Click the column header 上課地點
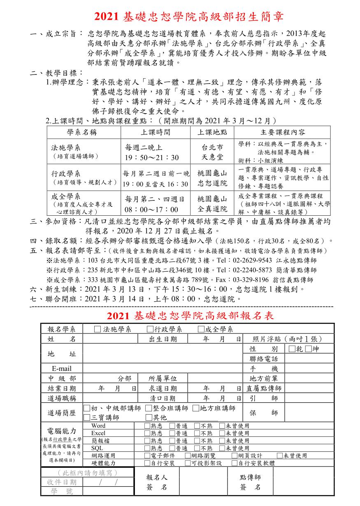tap(212, 133)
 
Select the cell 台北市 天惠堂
tap(212, 152)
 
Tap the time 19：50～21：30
tap(152, 158)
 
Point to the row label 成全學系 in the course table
tap(66, 196)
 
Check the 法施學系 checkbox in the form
tap(97, 329)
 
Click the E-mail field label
tap(62, 368)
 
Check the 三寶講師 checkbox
tap(87, 417)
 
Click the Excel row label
tap(98, 433)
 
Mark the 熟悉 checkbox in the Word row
tap(147, 426)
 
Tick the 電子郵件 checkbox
tap(147, 455)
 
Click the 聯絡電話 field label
tap(264, 359)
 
